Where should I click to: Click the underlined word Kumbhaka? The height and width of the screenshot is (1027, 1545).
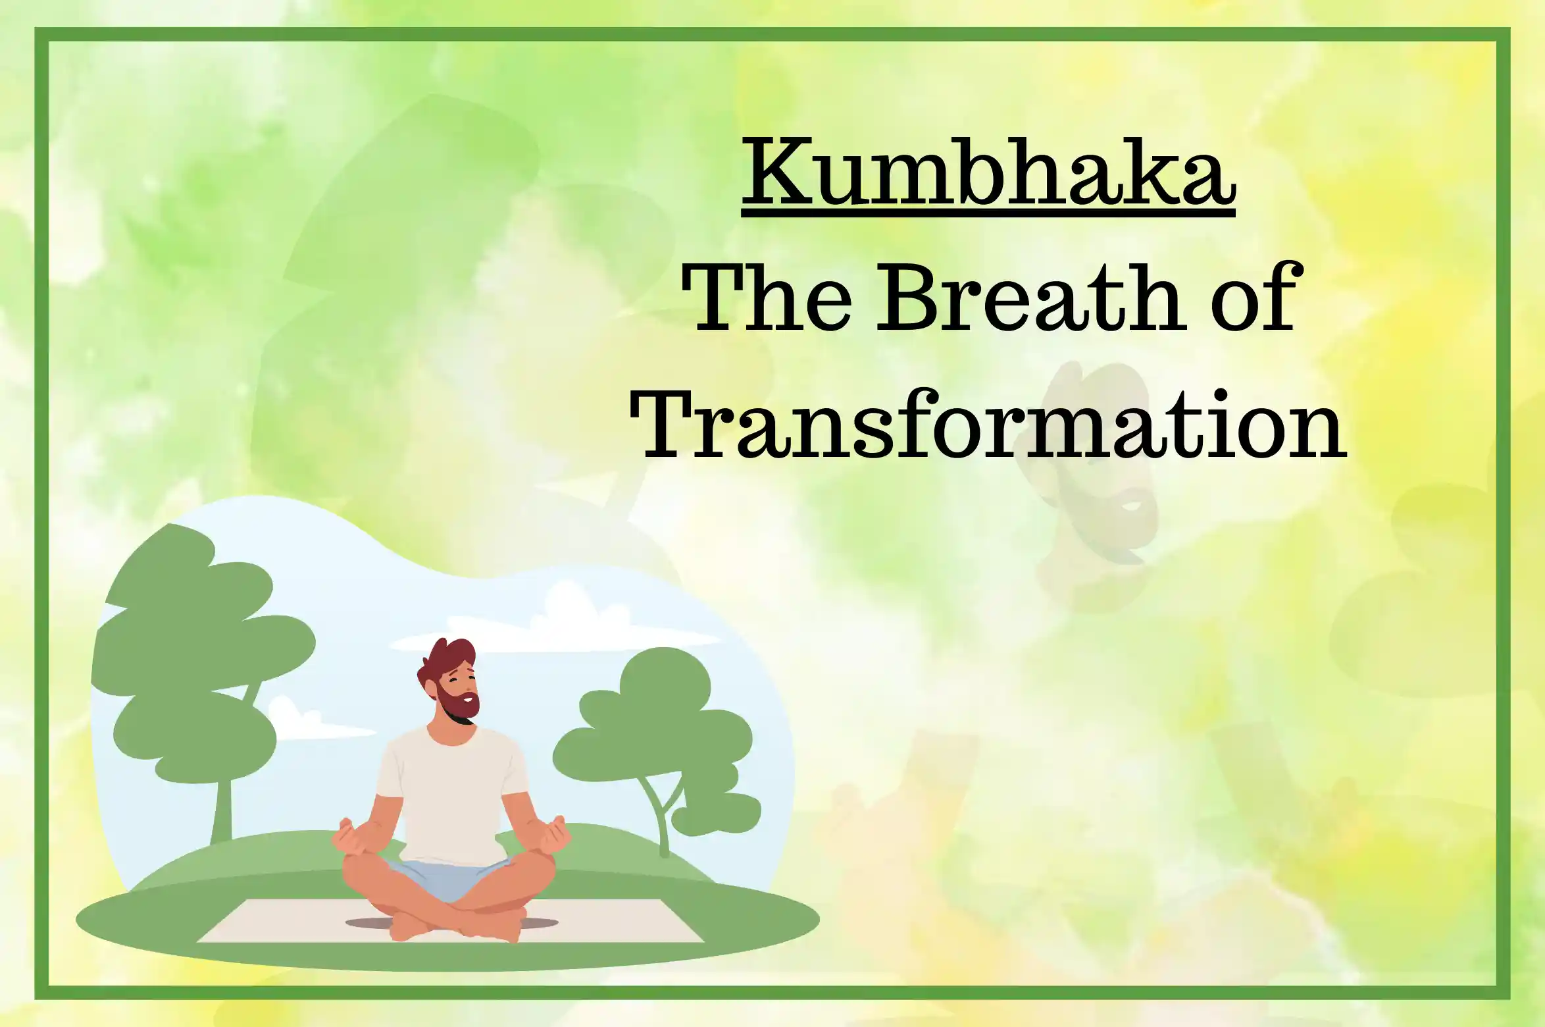point(988,172)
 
